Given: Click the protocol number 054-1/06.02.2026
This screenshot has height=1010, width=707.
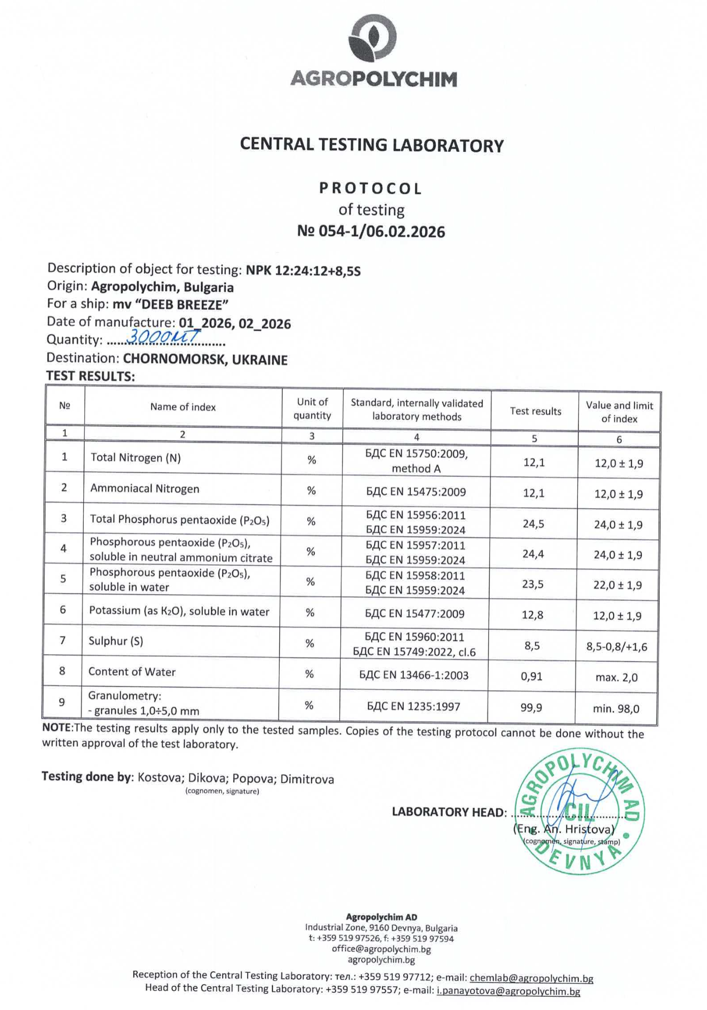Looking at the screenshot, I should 371,232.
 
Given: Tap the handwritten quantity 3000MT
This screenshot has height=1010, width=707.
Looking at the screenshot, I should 163,336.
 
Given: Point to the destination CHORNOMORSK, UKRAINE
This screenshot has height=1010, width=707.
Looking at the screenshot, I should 205,360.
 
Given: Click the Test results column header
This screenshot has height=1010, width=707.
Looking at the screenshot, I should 535,411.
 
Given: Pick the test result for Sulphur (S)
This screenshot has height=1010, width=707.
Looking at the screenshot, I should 532,646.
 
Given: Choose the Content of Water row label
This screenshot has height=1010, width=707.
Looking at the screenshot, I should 132,672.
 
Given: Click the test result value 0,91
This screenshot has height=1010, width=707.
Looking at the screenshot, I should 531,676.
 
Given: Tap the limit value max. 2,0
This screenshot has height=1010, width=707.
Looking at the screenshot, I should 616,677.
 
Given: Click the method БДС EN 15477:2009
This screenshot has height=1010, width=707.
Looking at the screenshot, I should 414,614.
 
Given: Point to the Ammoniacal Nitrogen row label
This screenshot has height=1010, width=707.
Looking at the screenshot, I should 145,489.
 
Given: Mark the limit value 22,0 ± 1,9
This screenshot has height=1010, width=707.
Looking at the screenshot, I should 618,585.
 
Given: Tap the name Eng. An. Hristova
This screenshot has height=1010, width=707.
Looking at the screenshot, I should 564,829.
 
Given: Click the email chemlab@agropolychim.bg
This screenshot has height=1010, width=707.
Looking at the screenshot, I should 531,978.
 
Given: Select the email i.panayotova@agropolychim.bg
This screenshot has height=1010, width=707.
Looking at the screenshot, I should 508,991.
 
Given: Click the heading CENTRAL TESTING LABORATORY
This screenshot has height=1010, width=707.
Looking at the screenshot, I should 372,145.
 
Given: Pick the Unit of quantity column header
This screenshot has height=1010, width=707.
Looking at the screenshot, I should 312,408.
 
